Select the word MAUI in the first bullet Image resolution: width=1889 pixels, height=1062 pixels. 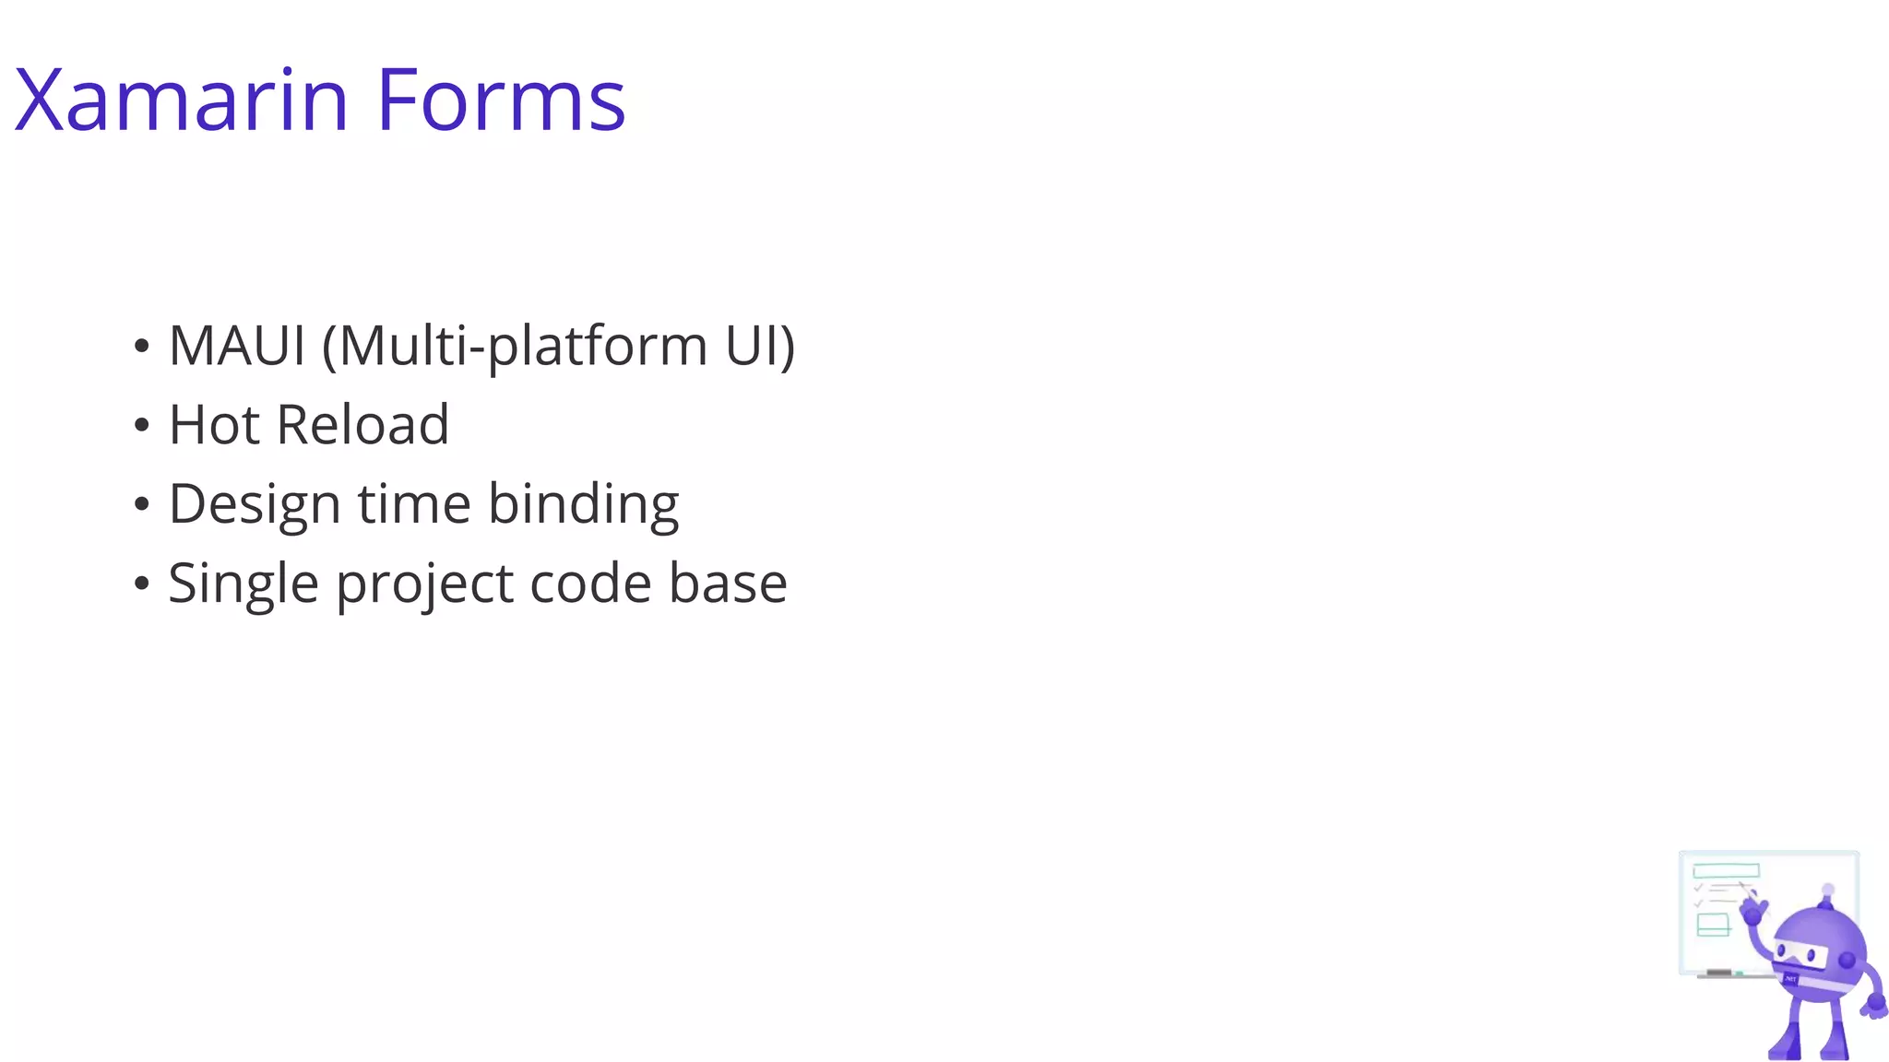(x=237, y=346)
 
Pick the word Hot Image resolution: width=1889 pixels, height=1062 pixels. (x=214, y=425)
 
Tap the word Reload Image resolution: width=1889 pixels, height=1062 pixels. (x=362, y=425)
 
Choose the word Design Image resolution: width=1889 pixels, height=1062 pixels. (x=255, y=506)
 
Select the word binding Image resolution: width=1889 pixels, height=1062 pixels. (x=583, y=506)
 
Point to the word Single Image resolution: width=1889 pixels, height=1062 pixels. (x=244, y=585)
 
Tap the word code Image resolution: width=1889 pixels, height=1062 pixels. (x=590, y=584)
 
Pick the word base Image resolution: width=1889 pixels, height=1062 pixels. (x=728, y=584)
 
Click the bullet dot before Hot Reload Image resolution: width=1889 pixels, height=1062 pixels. (x=141, y=426)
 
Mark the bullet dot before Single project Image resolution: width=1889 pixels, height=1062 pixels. (x=141, y=584)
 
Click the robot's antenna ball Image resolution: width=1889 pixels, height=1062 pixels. (x=1828, y=891)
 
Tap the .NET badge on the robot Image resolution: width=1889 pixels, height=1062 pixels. (x=1791, y=978)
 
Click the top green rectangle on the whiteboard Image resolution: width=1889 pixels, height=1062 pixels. (x=1726, y=870)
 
